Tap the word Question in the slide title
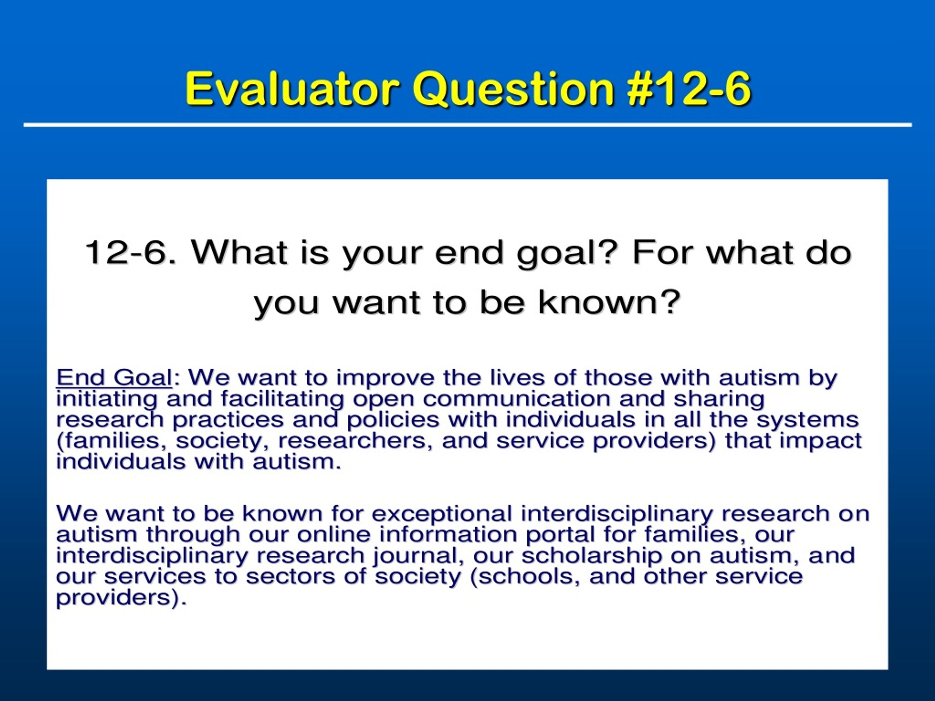513,89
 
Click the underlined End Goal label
114,377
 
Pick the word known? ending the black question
609,303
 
